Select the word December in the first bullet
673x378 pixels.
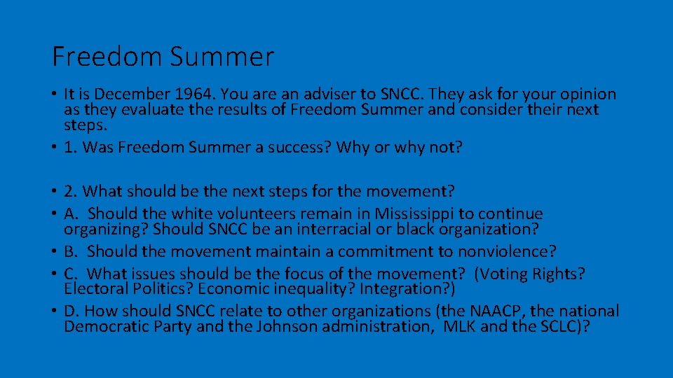[123, 94]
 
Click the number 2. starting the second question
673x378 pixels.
[70, 190]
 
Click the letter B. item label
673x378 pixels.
[72, 251]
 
